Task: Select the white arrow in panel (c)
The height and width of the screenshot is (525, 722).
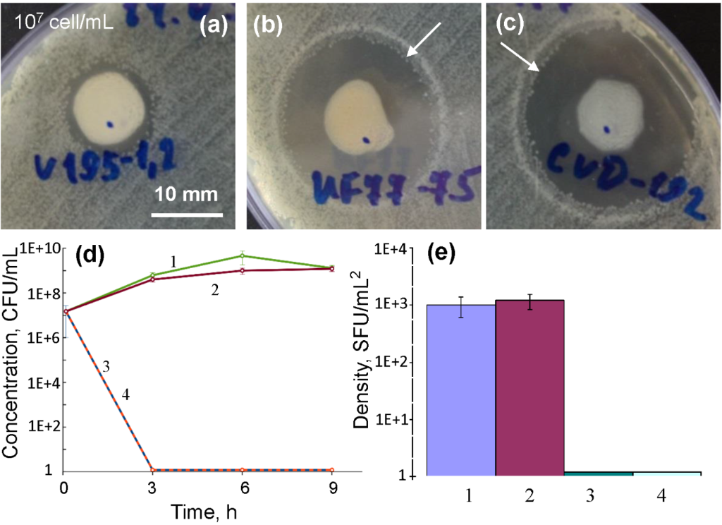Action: click(521, 56)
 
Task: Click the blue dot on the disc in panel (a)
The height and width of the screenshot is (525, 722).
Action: click(110, 125)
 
